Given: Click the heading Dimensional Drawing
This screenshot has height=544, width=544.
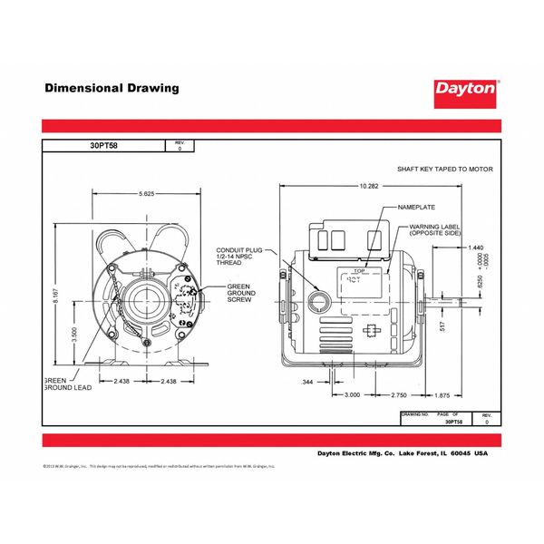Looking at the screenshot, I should pyautogui.click(x=112, y=89).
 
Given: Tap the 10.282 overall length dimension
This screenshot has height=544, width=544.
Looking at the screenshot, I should pyautogui.click(x=368, y=187).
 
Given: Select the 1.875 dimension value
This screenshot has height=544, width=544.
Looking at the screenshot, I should pyautogui.click(x=442, y=396).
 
